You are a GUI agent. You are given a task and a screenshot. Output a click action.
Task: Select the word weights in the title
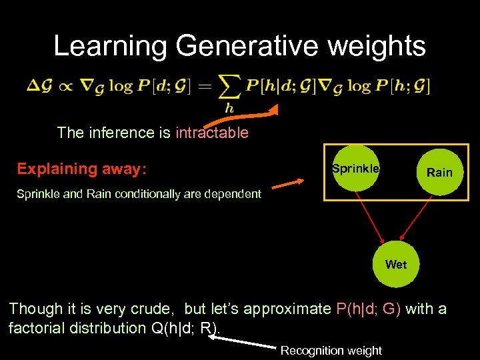click(x=385, y=46)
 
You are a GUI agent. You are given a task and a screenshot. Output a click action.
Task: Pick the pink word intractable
click(x=211, y=133)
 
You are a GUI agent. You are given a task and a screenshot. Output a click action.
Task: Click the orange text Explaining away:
click(x=81, y=169)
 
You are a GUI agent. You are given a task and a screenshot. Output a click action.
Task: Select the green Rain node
click(x=439, y=172)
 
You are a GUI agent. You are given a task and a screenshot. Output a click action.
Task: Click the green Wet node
click(x=395, y=264)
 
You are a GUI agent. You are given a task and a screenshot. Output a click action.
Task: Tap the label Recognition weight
click(x=331, y=350)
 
